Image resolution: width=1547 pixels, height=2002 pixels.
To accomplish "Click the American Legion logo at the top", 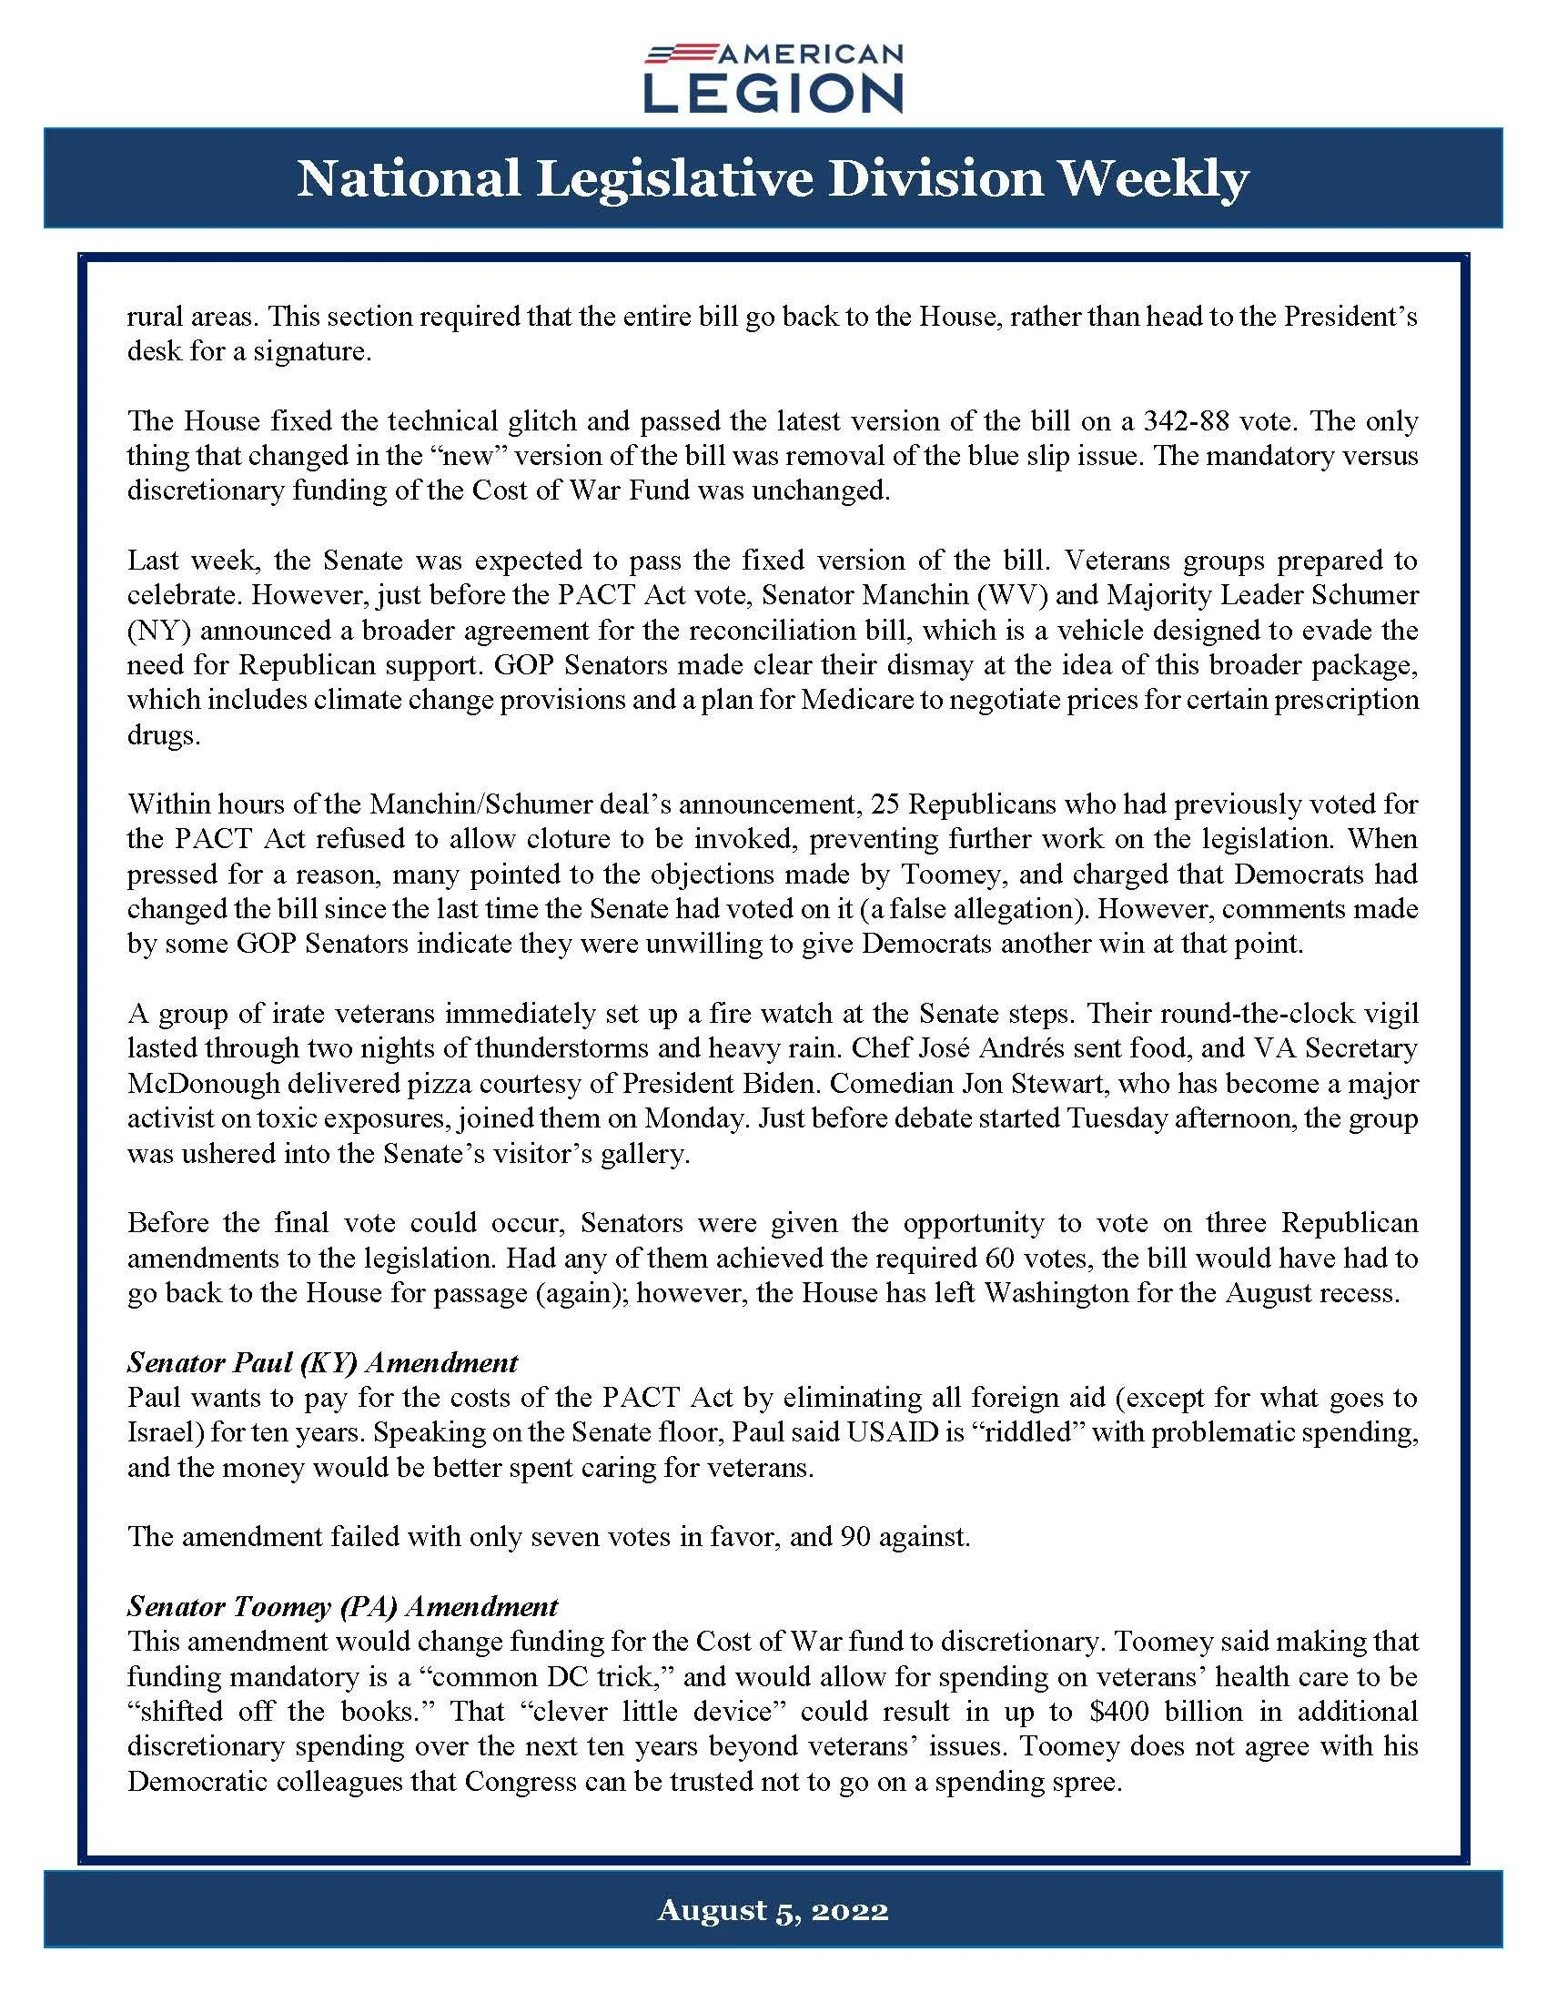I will [x=773, y=79].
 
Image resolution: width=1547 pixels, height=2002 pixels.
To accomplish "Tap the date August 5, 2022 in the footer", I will [x=773, y=1909].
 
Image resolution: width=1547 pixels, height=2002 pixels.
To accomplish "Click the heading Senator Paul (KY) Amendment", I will [x=323, y=1362].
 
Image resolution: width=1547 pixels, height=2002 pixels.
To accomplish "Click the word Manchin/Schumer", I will [x=456, y=804].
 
